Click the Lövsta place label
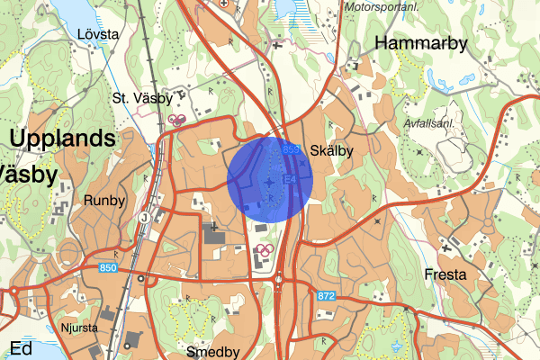(98, 34)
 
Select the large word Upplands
(63, 139)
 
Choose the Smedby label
(211, 351)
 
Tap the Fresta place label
(446, 274)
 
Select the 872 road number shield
(326, 296)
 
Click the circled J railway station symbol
(144, 217)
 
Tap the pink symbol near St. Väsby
(177, 119)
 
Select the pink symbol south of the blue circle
(264, 250)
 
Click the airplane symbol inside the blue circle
(270, 184)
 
